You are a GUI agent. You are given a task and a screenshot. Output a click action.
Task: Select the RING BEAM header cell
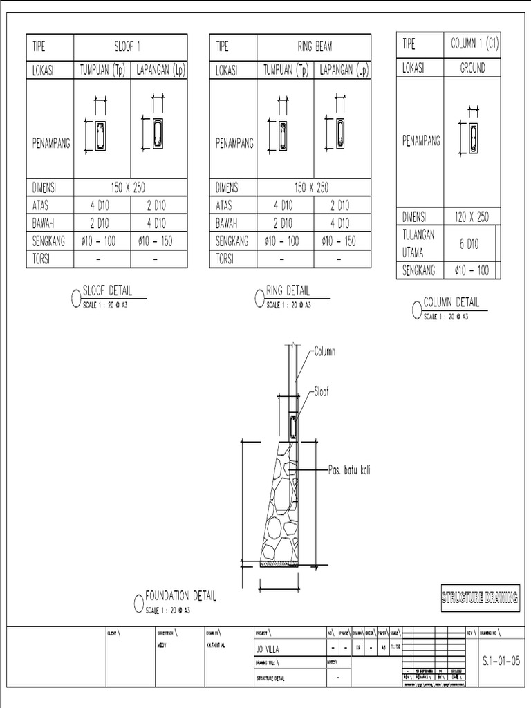click(314, 48)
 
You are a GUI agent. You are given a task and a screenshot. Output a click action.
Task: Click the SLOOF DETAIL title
click(107, 290)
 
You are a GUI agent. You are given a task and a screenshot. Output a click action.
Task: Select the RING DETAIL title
click(288, 291)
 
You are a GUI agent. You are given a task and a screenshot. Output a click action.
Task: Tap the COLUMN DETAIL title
click(451, 302)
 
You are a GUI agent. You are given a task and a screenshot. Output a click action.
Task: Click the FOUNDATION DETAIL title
click(180, 597)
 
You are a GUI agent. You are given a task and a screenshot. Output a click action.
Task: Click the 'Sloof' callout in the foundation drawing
click(322, 391)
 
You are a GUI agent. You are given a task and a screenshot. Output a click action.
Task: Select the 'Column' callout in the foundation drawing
click(324, 352)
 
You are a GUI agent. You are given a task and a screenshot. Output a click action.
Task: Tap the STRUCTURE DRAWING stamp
click(481, 597)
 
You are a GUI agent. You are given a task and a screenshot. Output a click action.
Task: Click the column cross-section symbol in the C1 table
click(474, 140)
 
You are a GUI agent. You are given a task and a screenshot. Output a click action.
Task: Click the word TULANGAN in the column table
click(419, 235)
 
